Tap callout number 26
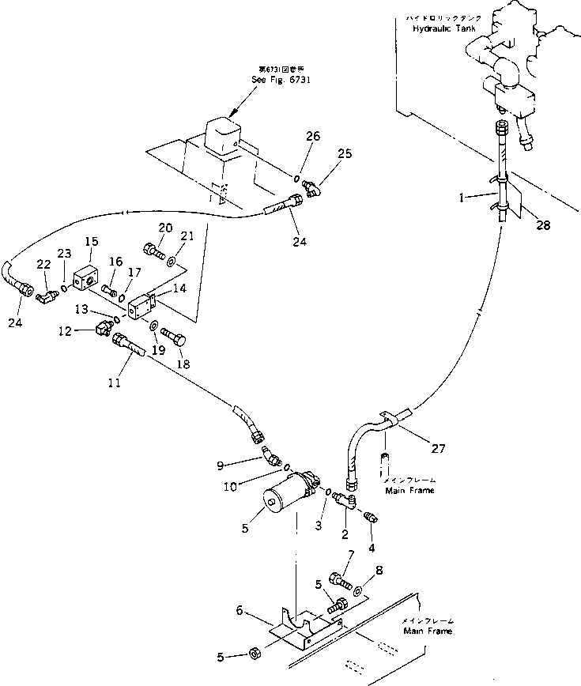312,136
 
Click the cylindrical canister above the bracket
285,494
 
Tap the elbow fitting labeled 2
346,501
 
